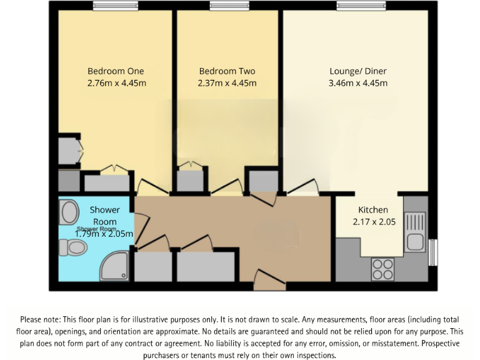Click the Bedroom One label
click(x=116, y=71)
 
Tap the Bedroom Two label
click(x=227, y=71)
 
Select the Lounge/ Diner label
click(x=359, y=71)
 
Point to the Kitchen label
click(x=373, y=210)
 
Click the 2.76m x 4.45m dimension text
click(x=116, y=83)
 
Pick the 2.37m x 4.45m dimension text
click(x=227, y=83)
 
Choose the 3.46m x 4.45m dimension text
click(x=359, y=83)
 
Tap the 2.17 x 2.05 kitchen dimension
click(x=373, y=221)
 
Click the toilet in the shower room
click(x=74, y=248)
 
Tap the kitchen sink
click(x=414, y=231)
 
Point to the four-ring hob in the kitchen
click(x=382, y=269)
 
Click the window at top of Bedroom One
click(x=116, y=6)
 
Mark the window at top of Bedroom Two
click(x=227, y=6)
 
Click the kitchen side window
click(x=433, y=253)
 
